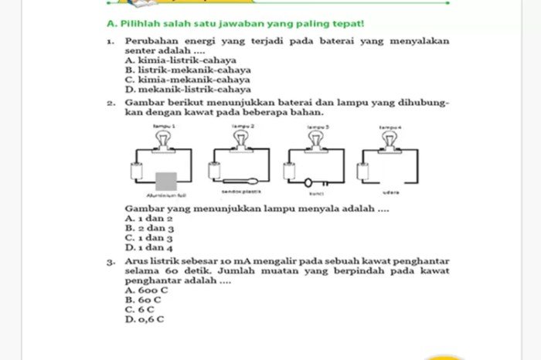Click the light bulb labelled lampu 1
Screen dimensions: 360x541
pos(165,137)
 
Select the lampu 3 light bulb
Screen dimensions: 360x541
pos(315,137)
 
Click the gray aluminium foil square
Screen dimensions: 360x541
pos(166,182)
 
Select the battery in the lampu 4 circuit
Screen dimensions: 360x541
pos(364,171)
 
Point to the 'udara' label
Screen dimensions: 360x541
pos(390,192)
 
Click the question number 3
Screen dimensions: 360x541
pos(112,263)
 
